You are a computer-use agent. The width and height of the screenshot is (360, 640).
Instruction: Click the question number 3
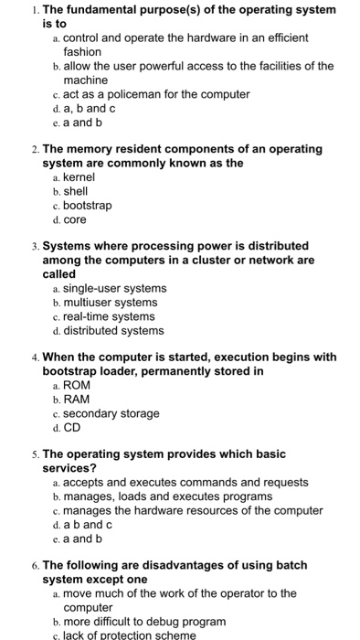34,246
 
